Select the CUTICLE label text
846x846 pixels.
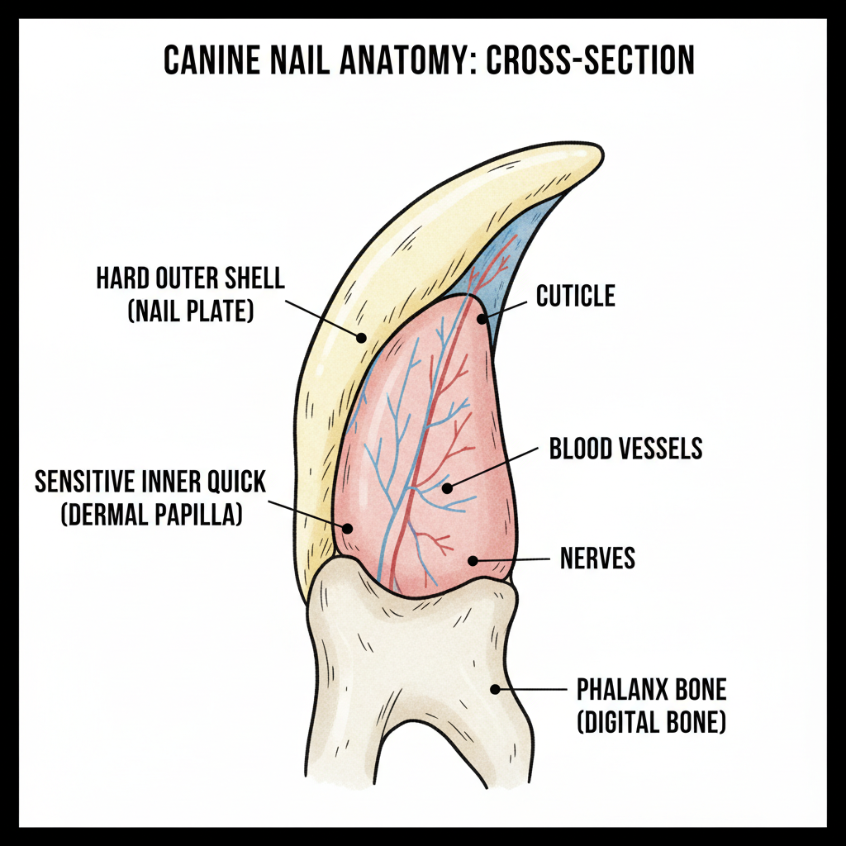575,296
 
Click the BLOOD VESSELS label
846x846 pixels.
625,448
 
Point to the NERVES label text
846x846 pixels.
597,558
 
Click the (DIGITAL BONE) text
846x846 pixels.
651,724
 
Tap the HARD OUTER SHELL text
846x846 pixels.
190,278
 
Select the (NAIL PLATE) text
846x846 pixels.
191,312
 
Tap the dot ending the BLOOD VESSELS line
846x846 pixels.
447,488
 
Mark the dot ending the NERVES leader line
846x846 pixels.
473,561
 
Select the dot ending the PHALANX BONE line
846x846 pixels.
496,688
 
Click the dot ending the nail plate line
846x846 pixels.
360,336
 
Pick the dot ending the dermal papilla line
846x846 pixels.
348,528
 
